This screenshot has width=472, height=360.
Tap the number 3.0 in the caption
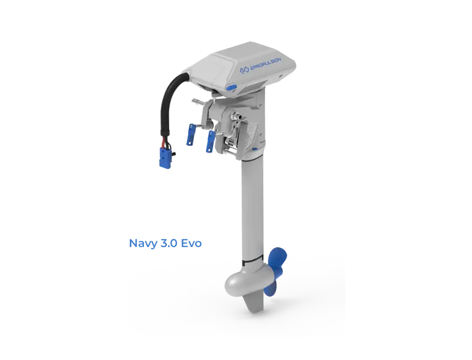coord(167,243)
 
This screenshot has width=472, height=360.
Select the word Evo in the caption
coord(191,243)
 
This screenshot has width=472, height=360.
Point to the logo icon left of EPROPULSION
coord(244,70)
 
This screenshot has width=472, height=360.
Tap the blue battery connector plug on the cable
coord(165,157)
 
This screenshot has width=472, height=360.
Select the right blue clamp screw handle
coord(209,140)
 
